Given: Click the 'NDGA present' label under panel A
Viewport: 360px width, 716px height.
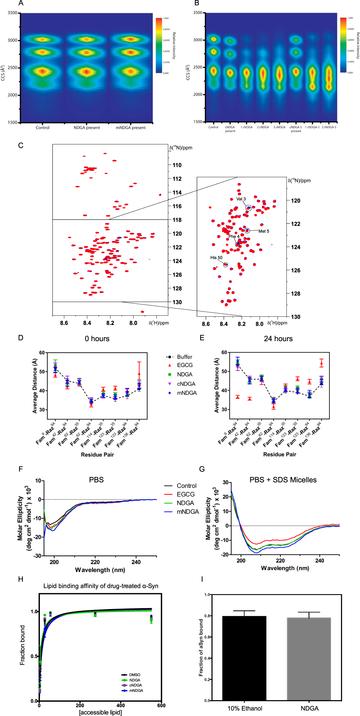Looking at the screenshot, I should pos(87,128).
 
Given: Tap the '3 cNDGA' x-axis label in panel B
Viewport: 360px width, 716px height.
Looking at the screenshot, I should pos(280,127).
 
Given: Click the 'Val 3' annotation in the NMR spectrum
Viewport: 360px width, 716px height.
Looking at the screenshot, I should pos(241,199).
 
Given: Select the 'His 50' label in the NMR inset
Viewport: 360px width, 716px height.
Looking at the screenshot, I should pos(216,258).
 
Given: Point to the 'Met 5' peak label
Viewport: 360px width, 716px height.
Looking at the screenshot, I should pos(264,231).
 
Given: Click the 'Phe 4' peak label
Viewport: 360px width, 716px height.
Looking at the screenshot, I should pos(234,236).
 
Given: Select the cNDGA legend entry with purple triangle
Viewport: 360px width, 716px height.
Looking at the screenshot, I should pos(186,384).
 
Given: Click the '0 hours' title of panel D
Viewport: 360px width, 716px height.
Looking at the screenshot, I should pos(97,339).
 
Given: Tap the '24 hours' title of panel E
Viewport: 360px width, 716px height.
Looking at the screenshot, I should pos(278,339).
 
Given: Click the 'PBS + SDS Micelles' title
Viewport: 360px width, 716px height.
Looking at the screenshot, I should pos(283,480).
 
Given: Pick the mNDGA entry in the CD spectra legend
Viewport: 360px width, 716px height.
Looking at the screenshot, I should pos(187,512).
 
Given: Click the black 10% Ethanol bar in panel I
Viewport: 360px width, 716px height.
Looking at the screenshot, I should pos(244,658).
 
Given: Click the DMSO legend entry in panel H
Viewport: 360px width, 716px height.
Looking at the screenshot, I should pos(134,675).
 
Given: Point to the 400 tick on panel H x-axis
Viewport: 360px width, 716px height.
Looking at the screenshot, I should pos(121,705).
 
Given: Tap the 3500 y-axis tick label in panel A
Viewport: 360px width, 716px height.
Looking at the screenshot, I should pos(12,13).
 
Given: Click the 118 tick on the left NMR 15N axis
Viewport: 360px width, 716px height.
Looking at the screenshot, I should pos(177,220).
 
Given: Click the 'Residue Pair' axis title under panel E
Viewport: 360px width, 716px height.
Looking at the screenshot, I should pos(280,454).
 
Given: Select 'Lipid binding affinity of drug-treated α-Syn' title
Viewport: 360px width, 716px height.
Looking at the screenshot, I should pos(101,586).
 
